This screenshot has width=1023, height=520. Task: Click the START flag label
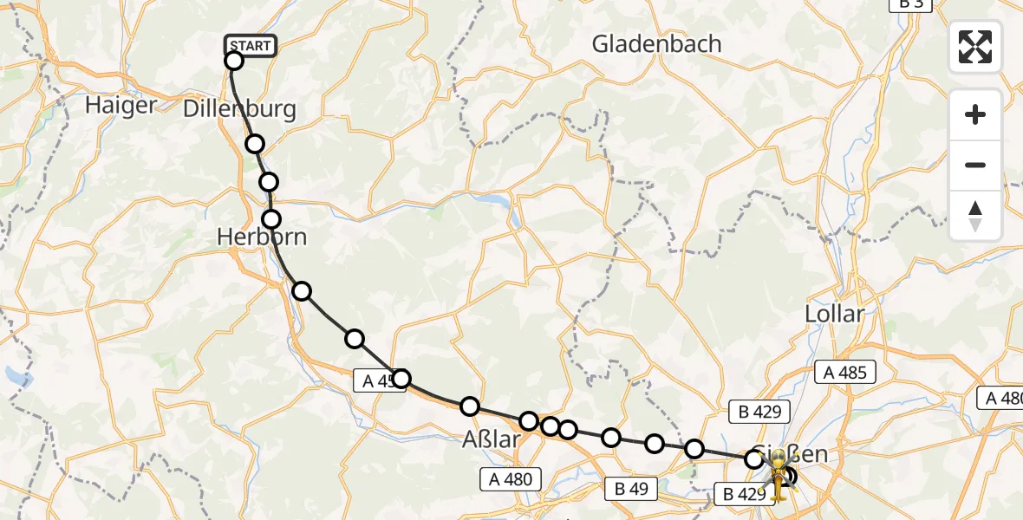point(251,45)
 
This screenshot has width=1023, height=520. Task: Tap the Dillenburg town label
point(239,109)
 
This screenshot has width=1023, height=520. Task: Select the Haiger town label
point(121,106)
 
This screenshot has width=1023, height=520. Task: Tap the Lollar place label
point(835,313)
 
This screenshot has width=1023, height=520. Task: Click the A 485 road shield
point(846,373)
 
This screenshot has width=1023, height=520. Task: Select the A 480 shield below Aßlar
point(511,478)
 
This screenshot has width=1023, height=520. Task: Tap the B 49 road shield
point(631,489)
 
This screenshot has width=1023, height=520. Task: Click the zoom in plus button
point(975,114)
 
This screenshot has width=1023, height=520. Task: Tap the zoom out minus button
point(975,165)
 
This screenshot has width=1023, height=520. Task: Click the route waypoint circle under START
point(234,61)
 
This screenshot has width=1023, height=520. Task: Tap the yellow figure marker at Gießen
point(779,475)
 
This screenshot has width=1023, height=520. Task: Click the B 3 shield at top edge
point(910,3)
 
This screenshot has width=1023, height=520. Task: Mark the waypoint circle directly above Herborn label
point(272,218)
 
